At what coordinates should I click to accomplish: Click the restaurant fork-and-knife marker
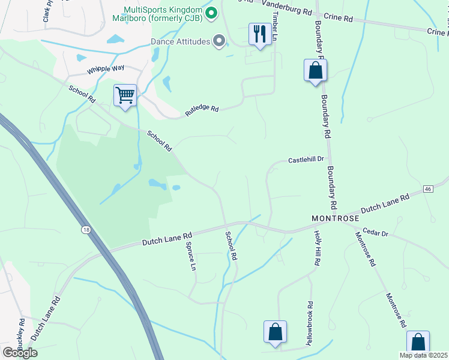[x=259, y=34]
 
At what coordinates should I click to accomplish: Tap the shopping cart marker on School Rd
[x=125, y=95]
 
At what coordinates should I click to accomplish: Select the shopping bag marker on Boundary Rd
[x=315, y=71]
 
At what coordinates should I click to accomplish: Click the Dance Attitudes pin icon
[x=219, y=41]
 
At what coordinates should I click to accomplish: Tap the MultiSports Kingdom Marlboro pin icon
[x=211, y=12]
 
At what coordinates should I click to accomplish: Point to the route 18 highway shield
[x=86, y=229]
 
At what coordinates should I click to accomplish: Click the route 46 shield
[x=428, y=189]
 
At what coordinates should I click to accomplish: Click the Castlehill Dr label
[x=306, y=160]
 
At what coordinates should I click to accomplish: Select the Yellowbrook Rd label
[x=310, y=323]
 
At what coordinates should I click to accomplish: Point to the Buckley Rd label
[x=22, y=332]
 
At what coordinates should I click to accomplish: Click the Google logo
[x=20, y=352]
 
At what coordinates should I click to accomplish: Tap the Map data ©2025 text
[x=424, y=355]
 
